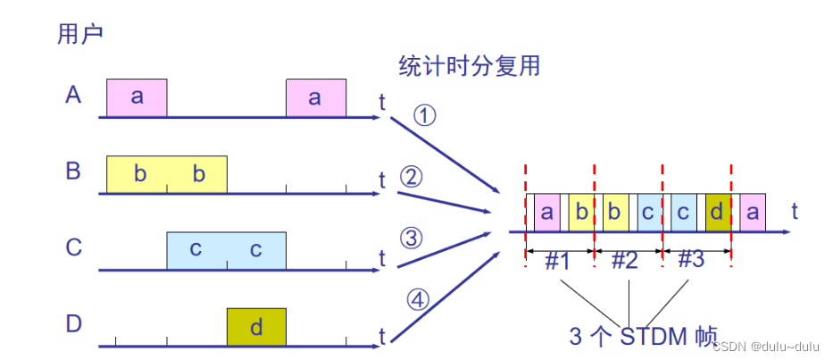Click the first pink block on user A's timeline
[x=137, y=97]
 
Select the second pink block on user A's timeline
[x=315, y=97]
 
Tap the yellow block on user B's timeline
[x=167, y=173]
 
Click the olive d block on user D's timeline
[x=256, y=327]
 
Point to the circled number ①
[x=425, y=116]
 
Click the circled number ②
[x=411, y=177]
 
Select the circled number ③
[x=411, y=238]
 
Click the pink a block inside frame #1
[x=546, y=213]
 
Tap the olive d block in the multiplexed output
[x=718, y=213]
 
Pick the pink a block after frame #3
[x=753, y=213]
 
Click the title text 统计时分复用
[x=470, y=66]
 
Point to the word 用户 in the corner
[x=80, y=34]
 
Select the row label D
[x=74, y=323]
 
